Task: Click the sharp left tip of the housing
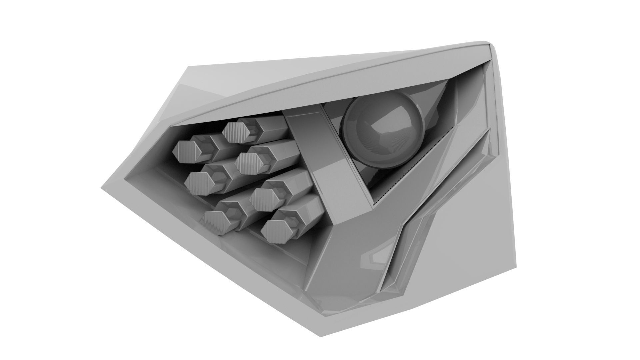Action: tap(101, 188)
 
